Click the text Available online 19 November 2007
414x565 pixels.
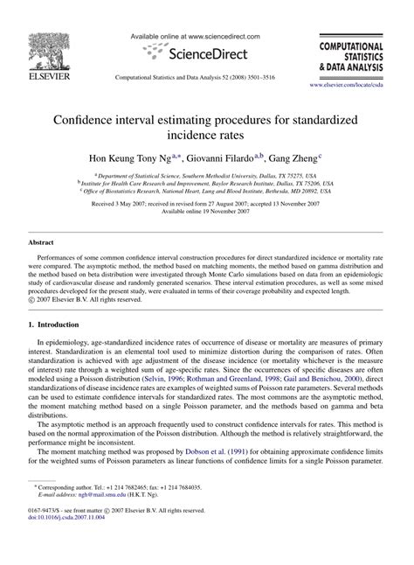tap(207, 211)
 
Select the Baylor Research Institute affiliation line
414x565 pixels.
tap(208, 183)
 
